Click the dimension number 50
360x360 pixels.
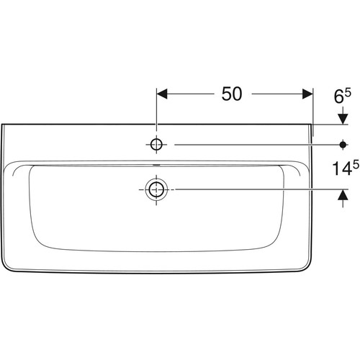pos(232,94)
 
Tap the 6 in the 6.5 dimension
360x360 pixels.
pos(338,96)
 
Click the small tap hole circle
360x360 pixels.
pos(156,145)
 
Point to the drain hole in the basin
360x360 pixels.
pos(156,189)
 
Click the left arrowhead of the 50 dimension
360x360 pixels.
pos(162,94)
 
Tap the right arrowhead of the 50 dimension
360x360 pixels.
pos(307,94)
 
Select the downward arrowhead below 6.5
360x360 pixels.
pos(343,119)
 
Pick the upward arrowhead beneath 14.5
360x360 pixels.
pos(343,194)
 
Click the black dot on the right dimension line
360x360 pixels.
pos(343,145)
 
